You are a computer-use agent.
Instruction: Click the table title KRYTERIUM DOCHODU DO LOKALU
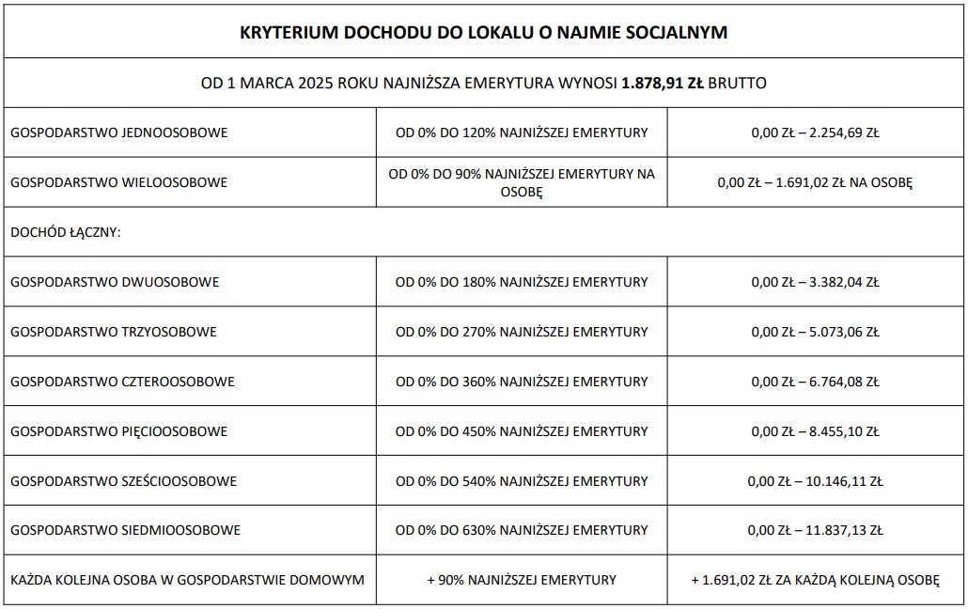(483, 33)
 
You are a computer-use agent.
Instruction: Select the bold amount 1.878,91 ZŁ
(663, 83)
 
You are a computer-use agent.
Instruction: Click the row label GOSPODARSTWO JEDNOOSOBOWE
(119, 133)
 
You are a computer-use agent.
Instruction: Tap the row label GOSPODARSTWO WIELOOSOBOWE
(119, 182)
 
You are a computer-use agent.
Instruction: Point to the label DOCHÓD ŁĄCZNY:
(65, 232)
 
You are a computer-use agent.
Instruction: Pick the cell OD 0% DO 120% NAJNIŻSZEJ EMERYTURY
(522, 133)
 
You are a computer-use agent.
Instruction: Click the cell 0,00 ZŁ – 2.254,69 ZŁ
(815, 133)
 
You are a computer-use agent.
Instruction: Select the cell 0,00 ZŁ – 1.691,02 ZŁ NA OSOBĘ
(815, 182)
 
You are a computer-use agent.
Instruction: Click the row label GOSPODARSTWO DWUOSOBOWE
(116, 282)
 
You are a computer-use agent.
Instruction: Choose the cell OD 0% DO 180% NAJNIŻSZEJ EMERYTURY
(522, 282)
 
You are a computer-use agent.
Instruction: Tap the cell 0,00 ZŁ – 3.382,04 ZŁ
(815, 282)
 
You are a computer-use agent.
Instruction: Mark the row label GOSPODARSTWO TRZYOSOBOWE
(114, 332)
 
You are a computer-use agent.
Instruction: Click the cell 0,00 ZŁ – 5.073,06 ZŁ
(815, 332)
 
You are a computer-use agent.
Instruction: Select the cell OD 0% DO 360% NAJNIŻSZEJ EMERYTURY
(522, 382)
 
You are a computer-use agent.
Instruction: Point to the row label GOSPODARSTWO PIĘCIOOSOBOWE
(119, 431)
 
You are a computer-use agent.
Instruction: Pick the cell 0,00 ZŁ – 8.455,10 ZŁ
(815, 431)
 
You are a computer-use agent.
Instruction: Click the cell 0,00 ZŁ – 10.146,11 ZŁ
(815, 481)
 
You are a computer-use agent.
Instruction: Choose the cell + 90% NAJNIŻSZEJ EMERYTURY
(522, 580)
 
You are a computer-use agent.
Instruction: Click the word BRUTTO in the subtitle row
(738, 83)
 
